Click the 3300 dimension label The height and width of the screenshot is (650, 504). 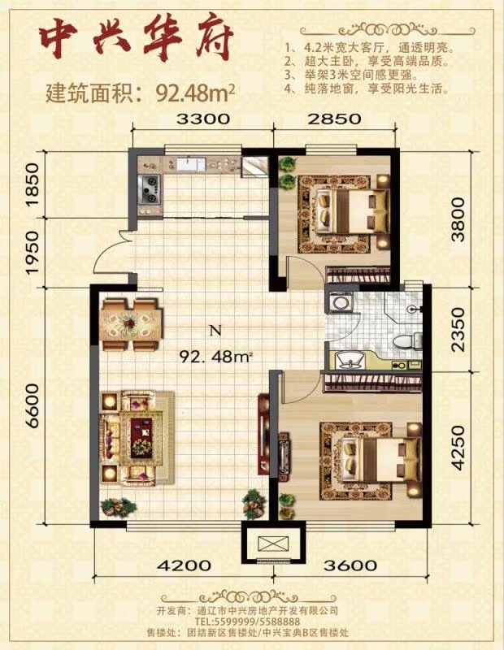click(x=203, y=119)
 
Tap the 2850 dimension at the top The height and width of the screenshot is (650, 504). click(x=334, y=119)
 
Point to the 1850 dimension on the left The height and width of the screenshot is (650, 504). click(x=33, y=184)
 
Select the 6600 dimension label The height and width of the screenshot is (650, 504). click(x=33, y=406)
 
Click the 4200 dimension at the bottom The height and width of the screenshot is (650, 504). click(x=184, y=565)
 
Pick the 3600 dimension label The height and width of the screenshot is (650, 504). click(x=350, y=565)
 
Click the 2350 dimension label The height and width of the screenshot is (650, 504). click(x=458, y=330)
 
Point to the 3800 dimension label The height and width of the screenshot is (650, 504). click(x=458, y=219)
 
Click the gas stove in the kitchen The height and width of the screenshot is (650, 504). click(x=150, y=190)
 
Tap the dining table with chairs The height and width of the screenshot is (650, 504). click(x=132, y=324)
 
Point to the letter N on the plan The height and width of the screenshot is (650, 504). click(x=215, y=331)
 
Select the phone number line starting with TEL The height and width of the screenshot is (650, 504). click(x=248, y=622)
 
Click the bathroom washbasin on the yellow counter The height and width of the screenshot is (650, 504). click(x=350, y=359)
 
